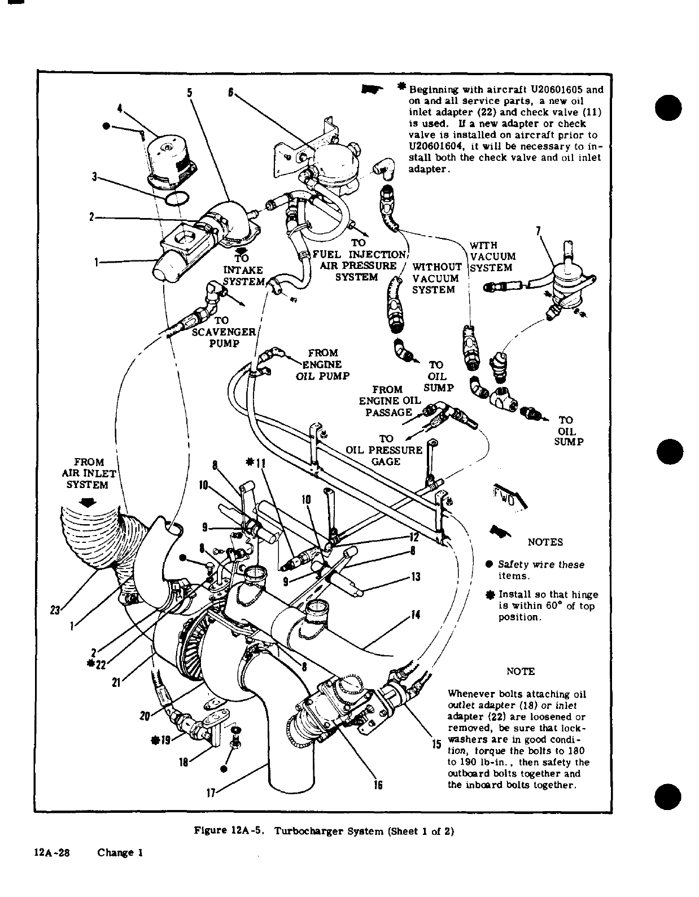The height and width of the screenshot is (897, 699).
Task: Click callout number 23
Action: click(x=55, y=610)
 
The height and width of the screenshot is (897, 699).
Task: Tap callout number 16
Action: click(x=379, y=785)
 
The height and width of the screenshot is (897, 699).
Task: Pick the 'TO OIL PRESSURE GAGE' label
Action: click(x=385, y=450)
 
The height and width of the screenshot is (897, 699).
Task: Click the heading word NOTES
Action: click(x=545, y=542)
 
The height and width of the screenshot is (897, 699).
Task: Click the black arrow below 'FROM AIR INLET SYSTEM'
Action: click(x=89, y=502)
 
